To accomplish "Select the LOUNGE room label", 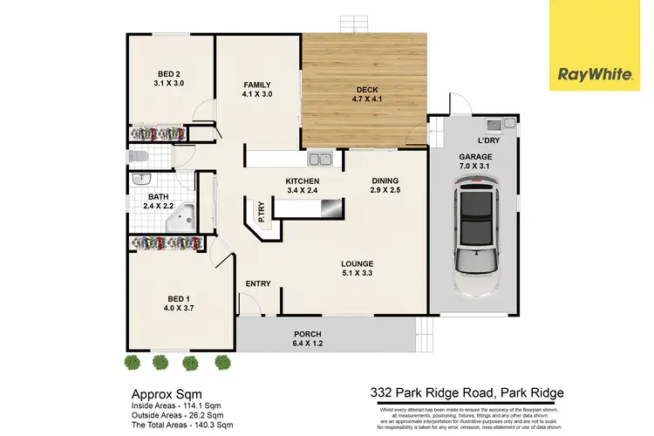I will (x=358, y=269).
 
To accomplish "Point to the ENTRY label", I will (x=257, y=283).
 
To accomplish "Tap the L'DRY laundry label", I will (x=487, y=141).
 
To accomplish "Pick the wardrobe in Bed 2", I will (x=160, y=133).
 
